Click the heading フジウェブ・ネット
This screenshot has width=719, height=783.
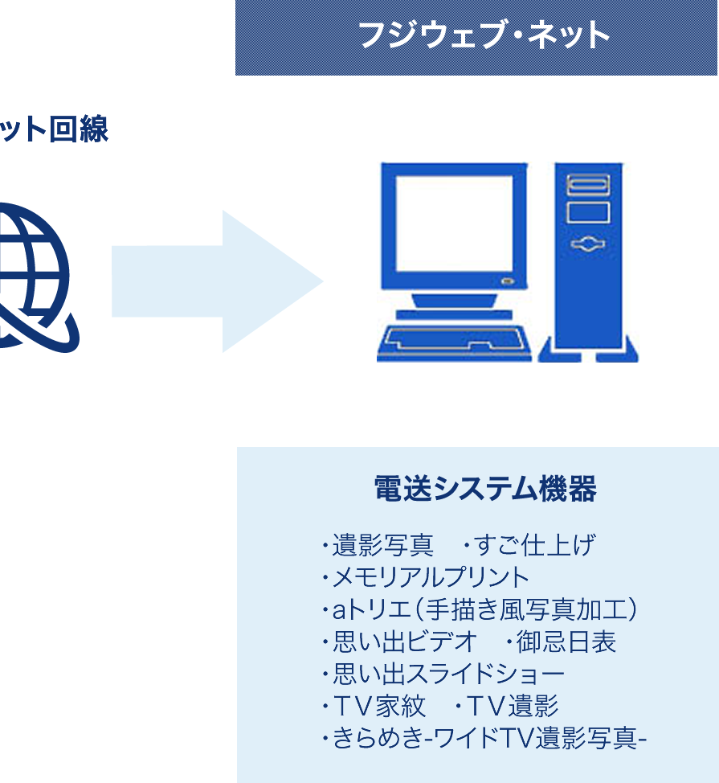(484, 35)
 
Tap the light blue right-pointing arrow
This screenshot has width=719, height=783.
(218, 281)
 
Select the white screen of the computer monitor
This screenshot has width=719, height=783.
(454, 223)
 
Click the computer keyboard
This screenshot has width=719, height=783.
(454, 343)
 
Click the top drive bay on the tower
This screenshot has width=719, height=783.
(588, 185)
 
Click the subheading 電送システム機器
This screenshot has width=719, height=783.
(485, 489)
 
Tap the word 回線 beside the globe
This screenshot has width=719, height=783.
(79, 129)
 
